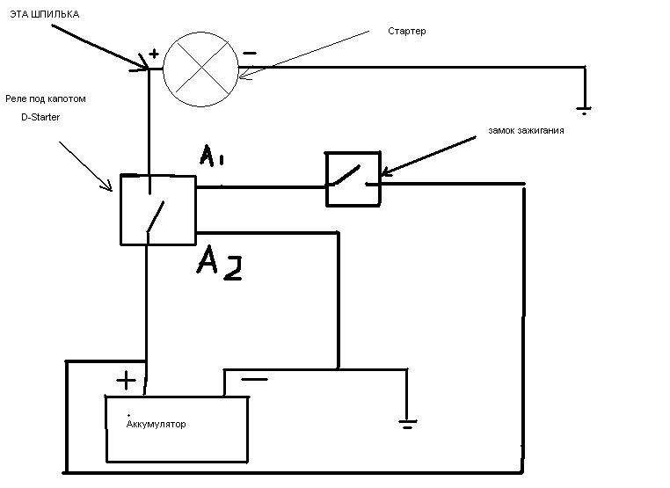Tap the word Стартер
(x=406, y=31)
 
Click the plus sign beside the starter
(x=154, y=54)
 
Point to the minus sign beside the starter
(x=250, y=53)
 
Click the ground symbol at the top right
(x=584, y=109)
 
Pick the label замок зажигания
(x=526, y=130)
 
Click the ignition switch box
(x=353, y=179)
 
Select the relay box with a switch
(x=157, y=208)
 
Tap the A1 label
(x=210, y=157)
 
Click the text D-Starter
(x=40, y=117)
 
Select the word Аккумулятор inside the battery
(x=157, y=424)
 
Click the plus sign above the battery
(x=127, y=381)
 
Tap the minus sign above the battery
(x=254, y=380)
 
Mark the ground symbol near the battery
(x=406, y=425)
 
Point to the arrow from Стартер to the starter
(x=308, y=54)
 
